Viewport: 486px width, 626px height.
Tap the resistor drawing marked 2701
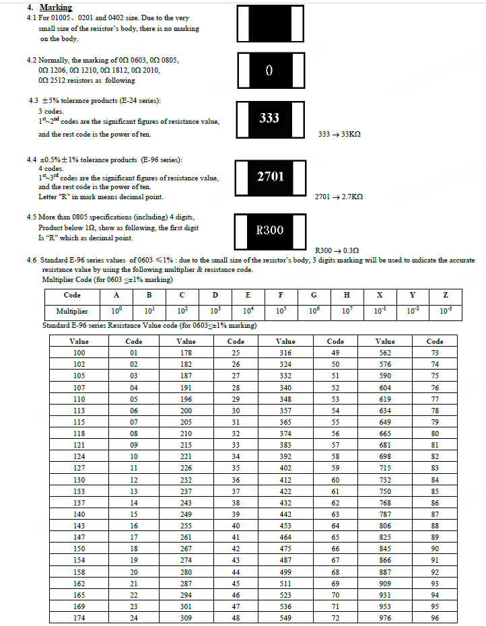(270, 177)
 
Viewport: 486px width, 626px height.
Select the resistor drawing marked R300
(270, 230)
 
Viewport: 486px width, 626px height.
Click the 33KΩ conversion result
(339, 135)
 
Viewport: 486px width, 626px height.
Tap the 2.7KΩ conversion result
(339, 197)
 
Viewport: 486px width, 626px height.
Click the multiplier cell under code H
(347, 312)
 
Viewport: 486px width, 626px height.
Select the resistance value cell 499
(285, 571)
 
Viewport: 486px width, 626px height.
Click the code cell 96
(435, 618)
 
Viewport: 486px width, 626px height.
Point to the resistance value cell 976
(385, 618)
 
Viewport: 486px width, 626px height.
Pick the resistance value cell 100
(79, 353)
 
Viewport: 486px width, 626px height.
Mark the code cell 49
(335, 353)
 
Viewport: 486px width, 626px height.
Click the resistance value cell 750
(385, 492)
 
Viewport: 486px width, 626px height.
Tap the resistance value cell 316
(285, 353)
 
